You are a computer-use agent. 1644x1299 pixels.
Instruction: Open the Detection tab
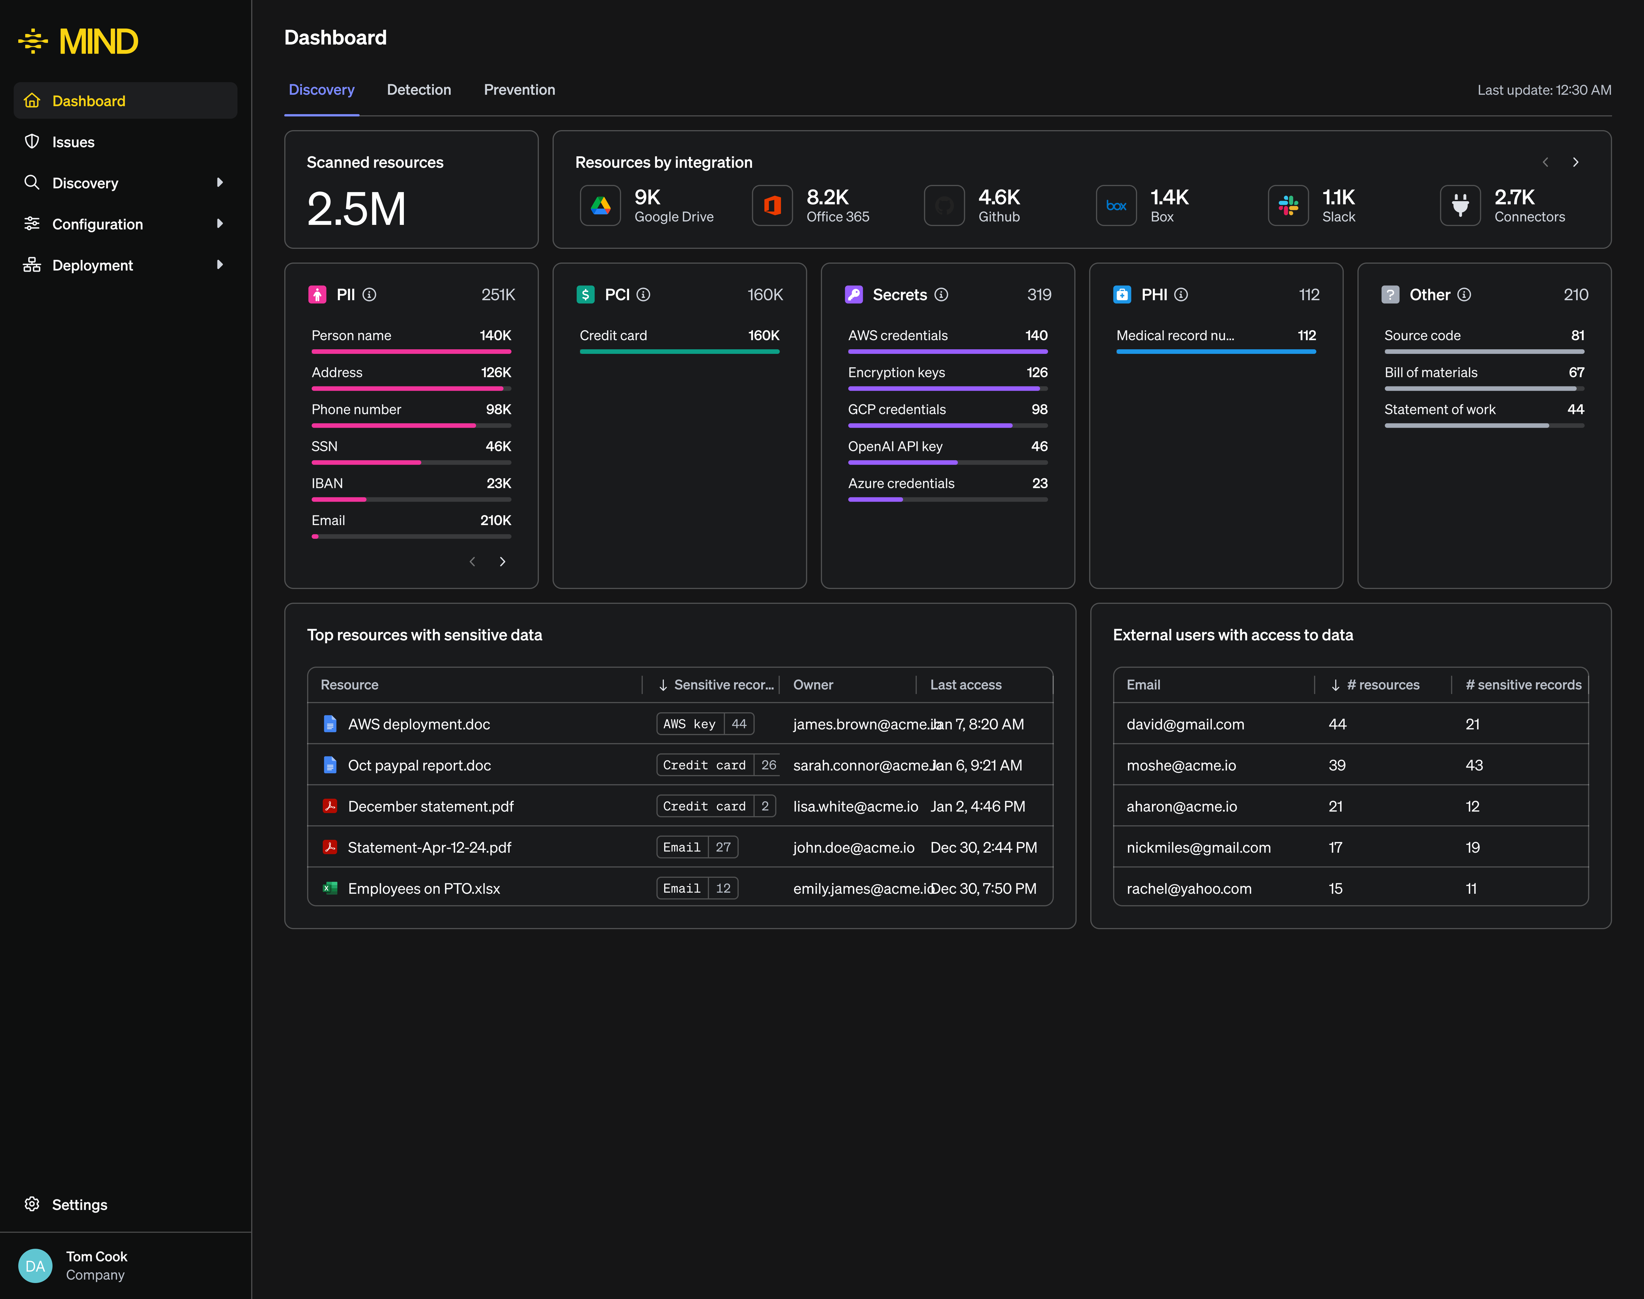pyautogui.click(x=418, y=90)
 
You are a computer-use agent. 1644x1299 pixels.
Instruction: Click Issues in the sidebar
pyautogui.click(x=73, y=142)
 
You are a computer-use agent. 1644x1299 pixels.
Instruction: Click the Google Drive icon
pyautogui.click(x=600, y=205)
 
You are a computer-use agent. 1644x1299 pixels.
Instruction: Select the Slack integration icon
pyautogui.click(x=1288, y=205)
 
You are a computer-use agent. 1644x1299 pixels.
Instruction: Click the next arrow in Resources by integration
pyautogui.click(x=1575, y=162)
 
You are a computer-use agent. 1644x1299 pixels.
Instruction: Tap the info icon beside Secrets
pyautogui.click(x=941, y=294)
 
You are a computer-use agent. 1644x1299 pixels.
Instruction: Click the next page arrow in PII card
pyautogui.click(x=502, y=561)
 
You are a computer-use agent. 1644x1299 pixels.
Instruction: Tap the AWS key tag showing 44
pyautogui.click(x=704, y=724)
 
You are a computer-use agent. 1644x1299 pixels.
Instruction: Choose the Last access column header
pyautogui.click(x=965, y=685)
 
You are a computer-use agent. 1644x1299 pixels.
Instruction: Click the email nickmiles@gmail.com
pyautogui.click(x=1198, y=847)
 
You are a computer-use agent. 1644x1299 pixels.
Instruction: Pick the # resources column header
pyautogui.click(x=1382, y=685)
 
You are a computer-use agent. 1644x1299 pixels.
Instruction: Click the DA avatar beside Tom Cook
pyautogui.click(x=35, y=1266)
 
